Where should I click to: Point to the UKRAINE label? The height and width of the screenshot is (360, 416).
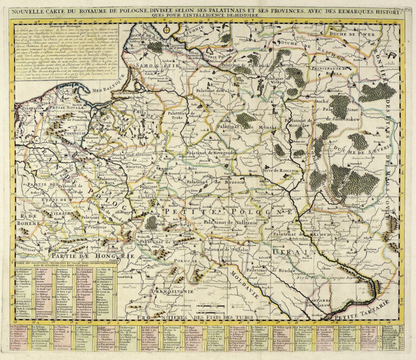[301, 253]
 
